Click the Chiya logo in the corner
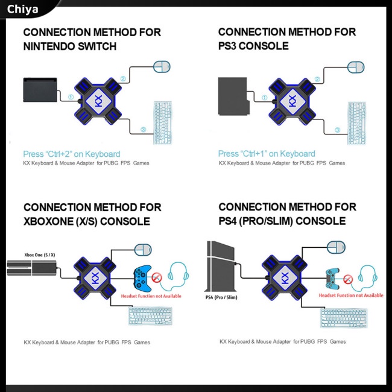pos(22,9)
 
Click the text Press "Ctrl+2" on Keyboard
pos(71,154)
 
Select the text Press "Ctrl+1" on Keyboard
pos(267,154)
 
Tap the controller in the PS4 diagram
pos(334,277)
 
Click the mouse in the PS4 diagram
pos(337,247)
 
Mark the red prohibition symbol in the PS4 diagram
pos(348,279)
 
